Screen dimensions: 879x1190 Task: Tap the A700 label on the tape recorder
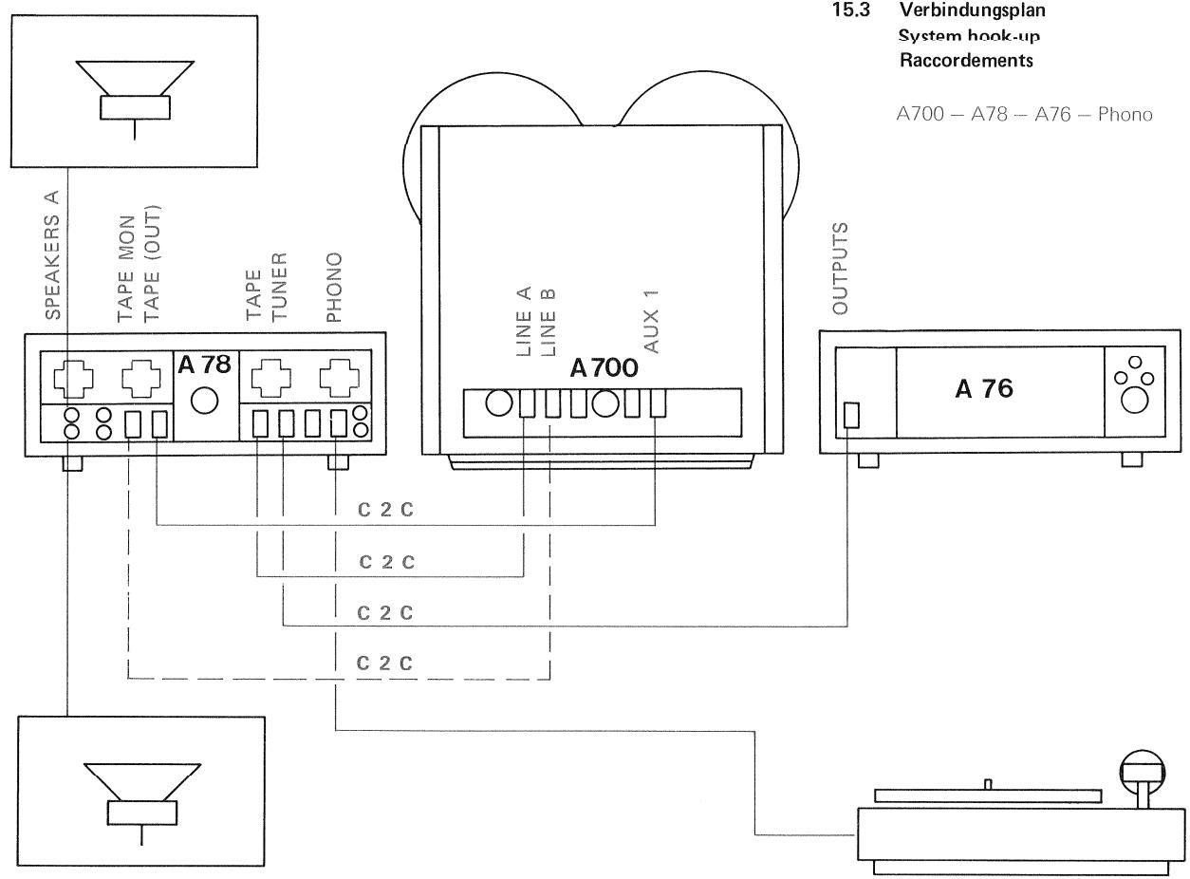604,369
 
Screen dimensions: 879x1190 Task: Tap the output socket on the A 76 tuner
850,416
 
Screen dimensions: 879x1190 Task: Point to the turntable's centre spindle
987,783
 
